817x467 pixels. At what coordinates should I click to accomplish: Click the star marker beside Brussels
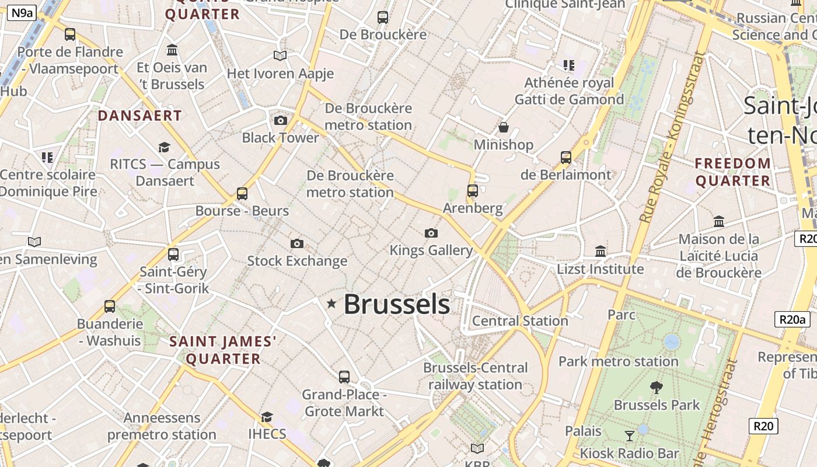coord(331,303)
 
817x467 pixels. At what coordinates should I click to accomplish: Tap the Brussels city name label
coord(397,304)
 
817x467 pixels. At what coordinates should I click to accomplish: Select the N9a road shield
coord(22,13)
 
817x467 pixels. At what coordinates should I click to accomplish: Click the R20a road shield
coord(793,319)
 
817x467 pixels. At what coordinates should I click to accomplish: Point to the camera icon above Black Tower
coord(281,120)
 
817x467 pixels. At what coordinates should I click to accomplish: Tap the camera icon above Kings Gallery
coord(431,233)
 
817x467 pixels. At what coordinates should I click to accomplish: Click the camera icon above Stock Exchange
coord(297,243)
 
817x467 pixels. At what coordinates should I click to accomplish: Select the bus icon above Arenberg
coord(473,190)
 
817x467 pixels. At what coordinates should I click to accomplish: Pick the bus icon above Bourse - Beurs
coord(242,193)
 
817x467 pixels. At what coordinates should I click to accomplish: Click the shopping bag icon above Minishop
coord(504,127)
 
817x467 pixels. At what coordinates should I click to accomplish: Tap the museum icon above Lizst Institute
coord(600,251)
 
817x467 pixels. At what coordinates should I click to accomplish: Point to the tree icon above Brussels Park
coord(657,386)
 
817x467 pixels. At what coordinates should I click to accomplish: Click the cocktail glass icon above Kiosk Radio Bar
coord(629,435)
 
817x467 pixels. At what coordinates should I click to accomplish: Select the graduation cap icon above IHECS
coord(267,417)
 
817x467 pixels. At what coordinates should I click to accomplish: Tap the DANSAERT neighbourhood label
coord(140,116)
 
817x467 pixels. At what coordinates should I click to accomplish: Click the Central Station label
coord(520,320)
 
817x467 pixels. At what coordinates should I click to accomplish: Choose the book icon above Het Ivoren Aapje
coord(280,55)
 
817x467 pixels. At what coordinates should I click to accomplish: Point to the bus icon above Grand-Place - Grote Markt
coord(344,377)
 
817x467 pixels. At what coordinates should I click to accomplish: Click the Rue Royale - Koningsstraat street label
coord(672,137)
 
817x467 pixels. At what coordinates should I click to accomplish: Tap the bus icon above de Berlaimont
coord(565,157)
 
